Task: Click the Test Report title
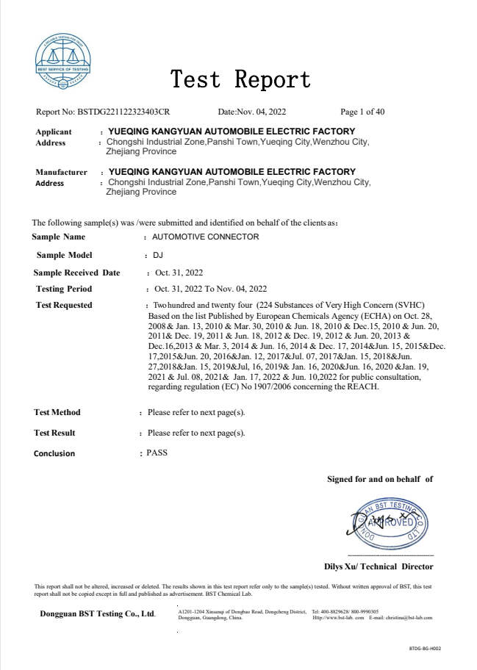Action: [240, 79]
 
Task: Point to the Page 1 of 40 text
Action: [362, 112]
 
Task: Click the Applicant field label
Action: [54, 132]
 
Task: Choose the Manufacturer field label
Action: [62, 172]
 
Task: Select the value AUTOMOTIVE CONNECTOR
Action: [205, 237]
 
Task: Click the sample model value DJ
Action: [157, 255]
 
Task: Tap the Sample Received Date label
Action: [76, 273]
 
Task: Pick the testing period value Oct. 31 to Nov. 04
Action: [210, 289]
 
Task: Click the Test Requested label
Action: [64, 305]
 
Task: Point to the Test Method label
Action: [57, 412]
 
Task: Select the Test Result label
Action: [55, 433]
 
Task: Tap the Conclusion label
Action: [54, 453]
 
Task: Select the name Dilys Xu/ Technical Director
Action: [379, 566]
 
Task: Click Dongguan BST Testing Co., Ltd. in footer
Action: [98, 613]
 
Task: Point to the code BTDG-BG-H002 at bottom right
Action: [425, 649]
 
